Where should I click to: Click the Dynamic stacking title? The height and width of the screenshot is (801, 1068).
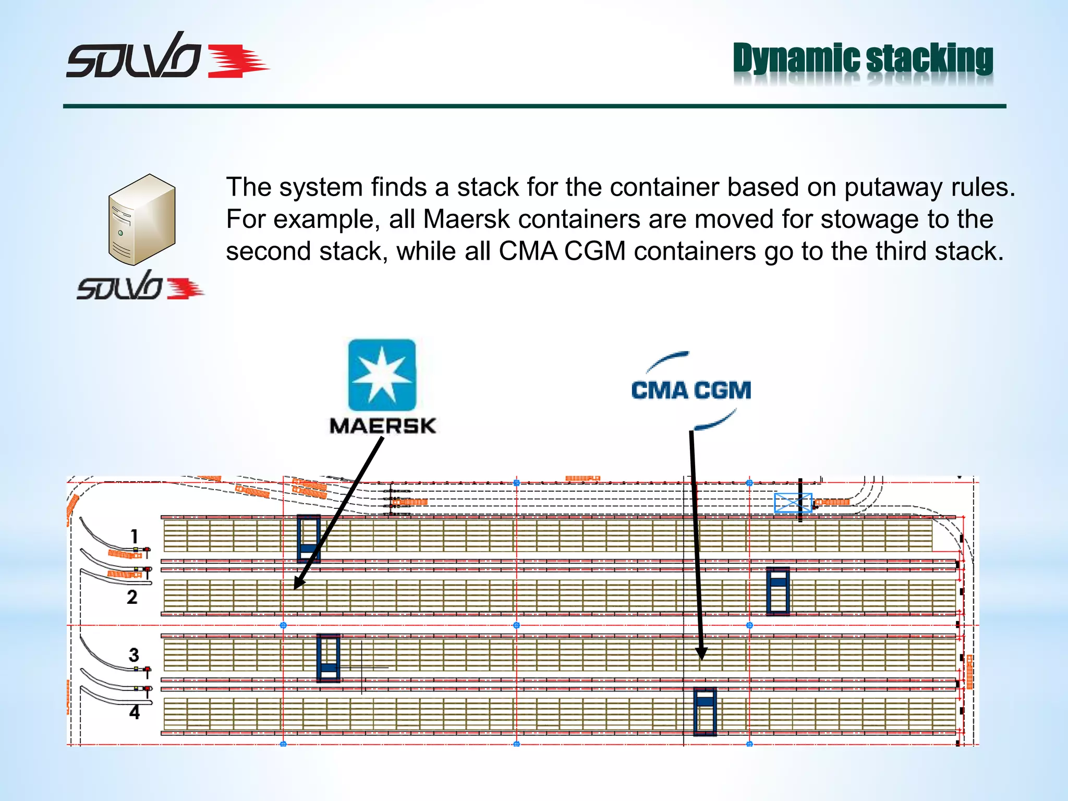tap(863, 58)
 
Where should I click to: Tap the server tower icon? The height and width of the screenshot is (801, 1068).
tap(142, 220)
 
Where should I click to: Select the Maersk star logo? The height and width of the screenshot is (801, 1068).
tap(382, 375)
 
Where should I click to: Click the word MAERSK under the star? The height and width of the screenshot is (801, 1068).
tap(382, 426)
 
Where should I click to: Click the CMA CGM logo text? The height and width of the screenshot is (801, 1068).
tap(691, 391)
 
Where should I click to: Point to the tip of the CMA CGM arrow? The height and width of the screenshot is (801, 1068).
tap(702, 658)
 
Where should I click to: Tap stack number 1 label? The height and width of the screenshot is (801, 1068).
tap(135, 536)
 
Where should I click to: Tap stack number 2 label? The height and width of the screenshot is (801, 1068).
tap(132, 597)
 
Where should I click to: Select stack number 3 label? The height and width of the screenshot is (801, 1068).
tap(134, 655)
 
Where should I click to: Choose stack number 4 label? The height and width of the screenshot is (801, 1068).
tap(135, 712)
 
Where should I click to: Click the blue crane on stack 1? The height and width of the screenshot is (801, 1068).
tap(308, 538)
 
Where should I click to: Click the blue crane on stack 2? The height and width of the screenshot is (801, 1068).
tap(778, 591)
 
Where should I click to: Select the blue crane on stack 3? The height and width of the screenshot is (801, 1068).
tap(328, 658)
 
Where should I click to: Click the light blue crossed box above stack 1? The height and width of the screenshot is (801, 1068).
tap(793, 503)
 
